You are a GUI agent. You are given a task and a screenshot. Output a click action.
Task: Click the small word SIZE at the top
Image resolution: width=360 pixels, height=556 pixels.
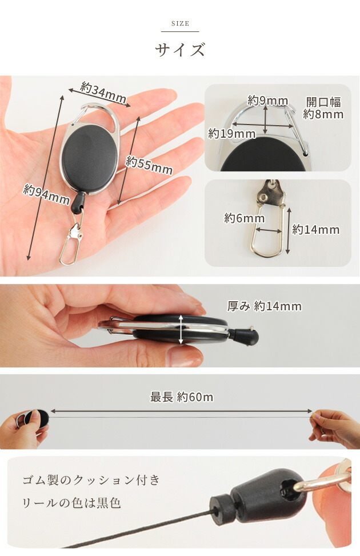point(180,24)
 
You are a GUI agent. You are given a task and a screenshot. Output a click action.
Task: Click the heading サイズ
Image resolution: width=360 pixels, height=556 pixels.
point(180,49)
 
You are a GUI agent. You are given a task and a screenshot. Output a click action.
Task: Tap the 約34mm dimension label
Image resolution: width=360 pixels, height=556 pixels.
point(103,93)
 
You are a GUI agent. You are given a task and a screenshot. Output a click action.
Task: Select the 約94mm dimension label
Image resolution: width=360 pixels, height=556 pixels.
point(46,194)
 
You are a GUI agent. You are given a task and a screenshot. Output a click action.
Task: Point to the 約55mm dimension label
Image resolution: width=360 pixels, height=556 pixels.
point(149,165)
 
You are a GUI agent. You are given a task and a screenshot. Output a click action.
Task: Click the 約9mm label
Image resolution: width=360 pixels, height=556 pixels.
point(267,101)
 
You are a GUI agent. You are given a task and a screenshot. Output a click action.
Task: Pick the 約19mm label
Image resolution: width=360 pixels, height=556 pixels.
point(231,134)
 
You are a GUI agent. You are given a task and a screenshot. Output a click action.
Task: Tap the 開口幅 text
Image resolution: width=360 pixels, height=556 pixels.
point(323,102)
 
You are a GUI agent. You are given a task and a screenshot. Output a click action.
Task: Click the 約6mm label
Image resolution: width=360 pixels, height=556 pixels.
point(244,218)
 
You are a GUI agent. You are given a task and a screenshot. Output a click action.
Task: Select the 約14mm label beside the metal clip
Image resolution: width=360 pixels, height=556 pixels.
point(315,230)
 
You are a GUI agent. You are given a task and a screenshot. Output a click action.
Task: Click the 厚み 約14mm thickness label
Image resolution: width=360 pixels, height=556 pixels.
point(264,306)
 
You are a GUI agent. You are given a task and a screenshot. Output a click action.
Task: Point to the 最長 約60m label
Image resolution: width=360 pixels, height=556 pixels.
point(182,397)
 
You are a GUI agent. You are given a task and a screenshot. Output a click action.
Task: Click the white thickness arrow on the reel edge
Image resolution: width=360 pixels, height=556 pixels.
point(181,329)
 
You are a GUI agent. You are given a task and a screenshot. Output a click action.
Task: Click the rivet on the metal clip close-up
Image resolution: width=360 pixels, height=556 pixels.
point(263,195)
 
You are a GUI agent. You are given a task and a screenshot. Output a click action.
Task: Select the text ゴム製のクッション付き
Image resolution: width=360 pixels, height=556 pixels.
point(91,480)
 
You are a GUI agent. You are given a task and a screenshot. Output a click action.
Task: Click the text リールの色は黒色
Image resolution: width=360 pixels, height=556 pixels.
point(71,503)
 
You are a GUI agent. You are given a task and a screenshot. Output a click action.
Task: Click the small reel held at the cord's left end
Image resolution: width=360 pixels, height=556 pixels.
point(34,419)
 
